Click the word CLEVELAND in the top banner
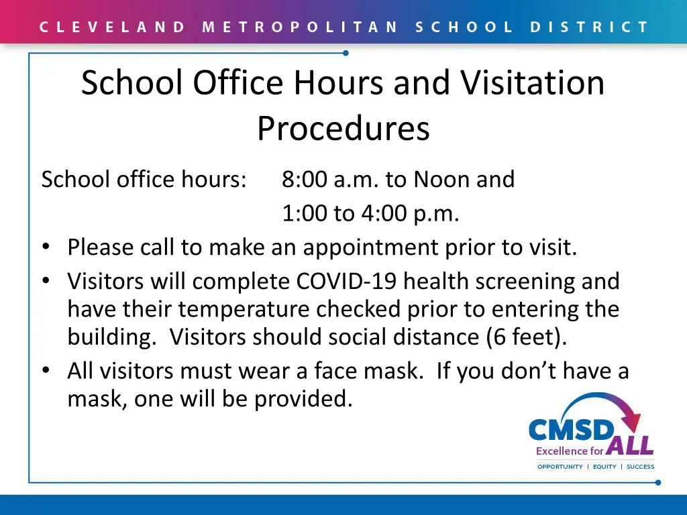(112, 27)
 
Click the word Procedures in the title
(343, 128)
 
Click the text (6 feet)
(526, 337)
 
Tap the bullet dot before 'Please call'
(46, 248)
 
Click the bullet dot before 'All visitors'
(46, 371)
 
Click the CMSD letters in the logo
(570, 430)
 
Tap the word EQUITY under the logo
(604, 467)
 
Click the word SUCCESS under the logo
(640, 467)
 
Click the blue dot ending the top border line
(346, 53)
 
